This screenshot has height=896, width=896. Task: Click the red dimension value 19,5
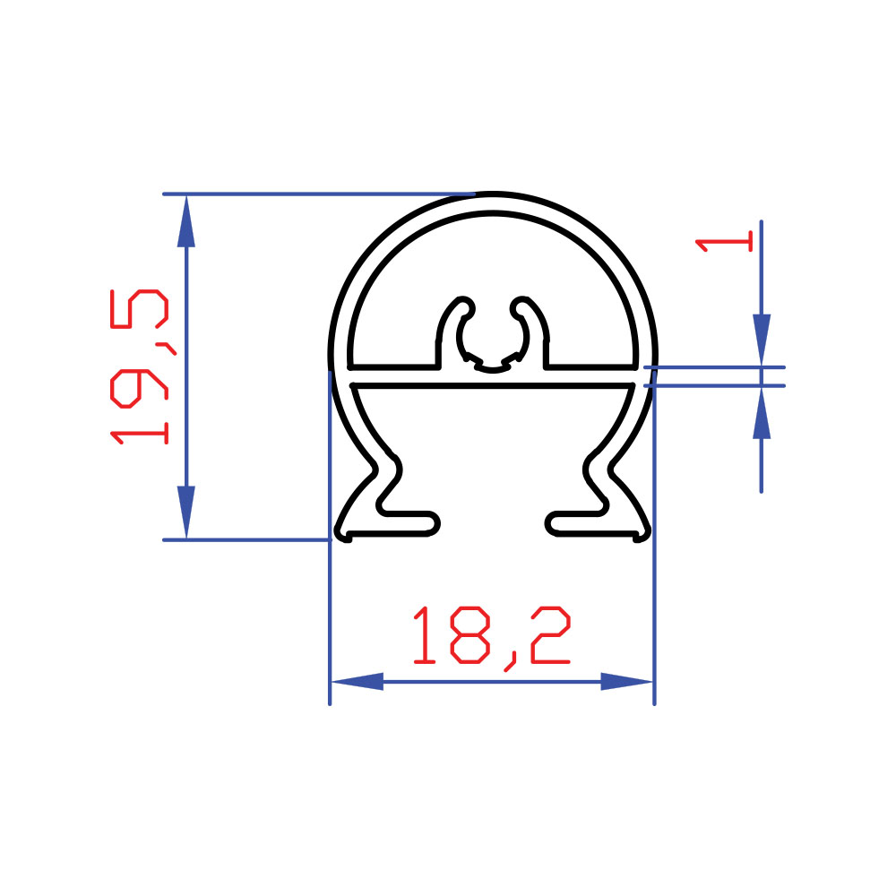coord(141,366)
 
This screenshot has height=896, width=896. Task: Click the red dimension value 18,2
coord(492,637)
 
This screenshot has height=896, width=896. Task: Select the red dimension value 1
coord(724,241)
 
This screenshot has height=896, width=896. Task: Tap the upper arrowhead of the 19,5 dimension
coord(186,221)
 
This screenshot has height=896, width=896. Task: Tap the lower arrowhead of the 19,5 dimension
coord(186,512)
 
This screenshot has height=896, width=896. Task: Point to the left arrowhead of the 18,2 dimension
coord(358,681)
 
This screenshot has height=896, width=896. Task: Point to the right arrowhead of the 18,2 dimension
coord(626,681)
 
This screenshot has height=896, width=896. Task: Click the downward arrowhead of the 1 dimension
coord(761,340)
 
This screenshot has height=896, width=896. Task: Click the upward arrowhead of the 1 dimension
coord(761,412)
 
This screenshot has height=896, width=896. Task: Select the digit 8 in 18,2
coord(470,634)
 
